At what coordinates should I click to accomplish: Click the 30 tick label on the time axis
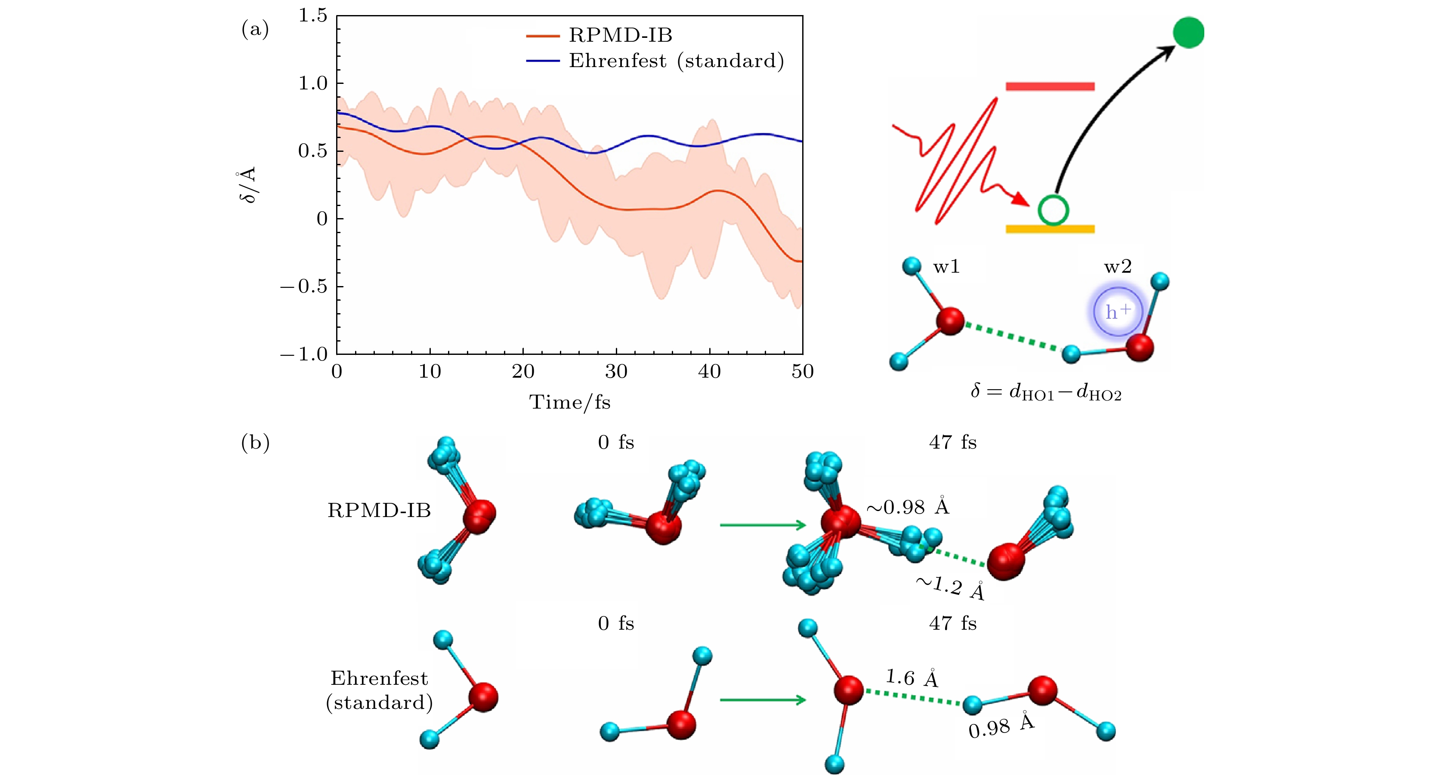[616, 372]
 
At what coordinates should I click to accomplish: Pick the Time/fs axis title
[570, 402]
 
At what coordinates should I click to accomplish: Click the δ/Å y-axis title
[247, 185]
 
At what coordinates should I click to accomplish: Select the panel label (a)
[255, 29]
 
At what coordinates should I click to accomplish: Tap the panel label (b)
[255, 443]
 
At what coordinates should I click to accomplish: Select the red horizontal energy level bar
[1050, 86]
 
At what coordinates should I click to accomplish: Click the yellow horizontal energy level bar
[1050, 228]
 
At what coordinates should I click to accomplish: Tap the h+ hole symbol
[1118, 312]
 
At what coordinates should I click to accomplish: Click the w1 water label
[946, 267]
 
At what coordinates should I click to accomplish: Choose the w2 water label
[1118, 267]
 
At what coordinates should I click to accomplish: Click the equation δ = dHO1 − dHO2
[1046, 392]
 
